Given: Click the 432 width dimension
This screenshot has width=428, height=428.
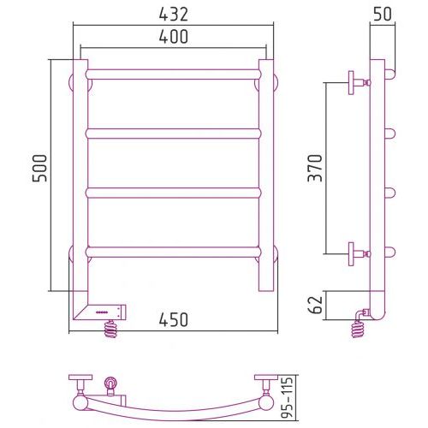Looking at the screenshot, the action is [174, 15].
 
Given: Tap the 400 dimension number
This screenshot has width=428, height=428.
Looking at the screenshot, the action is [174, 37].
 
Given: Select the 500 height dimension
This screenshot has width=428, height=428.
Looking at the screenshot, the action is [39, 169].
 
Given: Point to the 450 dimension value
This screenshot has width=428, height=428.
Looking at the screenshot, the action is [174, 319].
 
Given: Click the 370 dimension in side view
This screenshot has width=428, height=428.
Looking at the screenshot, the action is [315, 168].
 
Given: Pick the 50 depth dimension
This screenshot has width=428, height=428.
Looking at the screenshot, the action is [382, 14].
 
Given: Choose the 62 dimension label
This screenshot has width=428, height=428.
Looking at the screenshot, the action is [316, 305].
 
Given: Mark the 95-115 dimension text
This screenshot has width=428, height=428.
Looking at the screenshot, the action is [286, 397].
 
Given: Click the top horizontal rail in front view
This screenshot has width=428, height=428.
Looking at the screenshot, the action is [173, 74].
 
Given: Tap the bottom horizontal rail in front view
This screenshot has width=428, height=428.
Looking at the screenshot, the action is [173, 252].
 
